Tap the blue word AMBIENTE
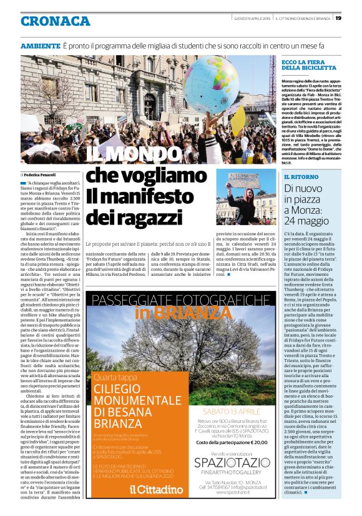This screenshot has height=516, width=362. click(41, 47)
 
